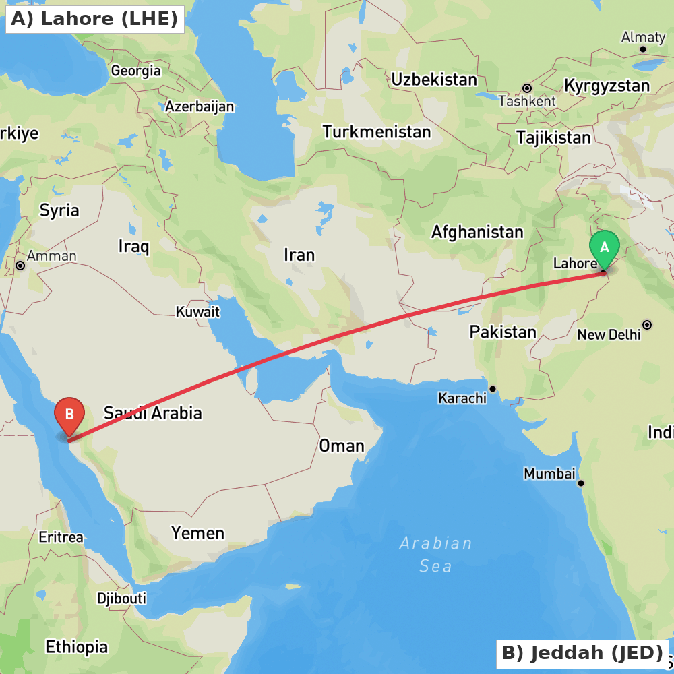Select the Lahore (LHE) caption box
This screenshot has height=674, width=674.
click(x=94, y=19)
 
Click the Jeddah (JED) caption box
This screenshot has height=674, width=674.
click(x=582, y=653)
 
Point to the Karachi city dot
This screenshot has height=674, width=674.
click(x=493, y=389)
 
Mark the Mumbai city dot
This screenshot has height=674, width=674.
click(x=580, y=483)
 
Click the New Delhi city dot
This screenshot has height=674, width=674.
click(x=647, y=325)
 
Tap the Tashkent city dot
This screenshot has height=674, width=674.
click(x=527, y=88)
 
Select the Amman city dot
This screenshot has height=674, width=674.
click(x=20, y=266)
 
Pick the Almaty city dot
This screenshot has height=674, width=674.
click(x=643, y=49)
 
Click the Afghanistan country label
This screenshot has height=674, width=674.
click(x=477, y=233)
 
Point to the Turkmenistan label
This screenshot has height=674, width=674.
click(x=376, y=132)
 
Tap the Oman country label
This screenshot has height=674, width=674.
click(x=342, y=446)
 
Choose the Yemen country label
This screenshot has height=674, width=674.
click(x=197, y=533)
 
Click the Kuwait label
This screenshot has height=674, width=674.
click(x=197, y=312)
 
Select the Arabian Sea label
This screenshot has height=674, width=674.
click(x=435, y=554)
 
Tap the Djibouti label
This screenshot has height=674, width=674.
click(x=121, y=599)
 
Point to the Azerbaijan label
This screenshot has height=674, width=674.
click(x=200, y=106)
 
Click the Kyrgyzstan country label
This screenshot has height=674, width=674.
click(x=607, y=86)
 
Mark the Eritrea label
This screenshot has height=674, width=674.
click(x=61, y=537)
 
